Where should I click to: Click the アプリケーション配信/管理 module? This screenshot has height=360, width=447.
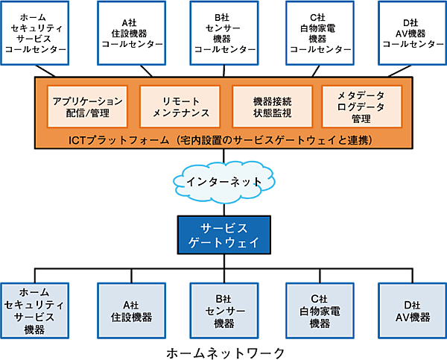pos(83,106)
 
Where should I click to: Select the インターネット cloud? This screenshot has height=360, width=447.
pos(224,180)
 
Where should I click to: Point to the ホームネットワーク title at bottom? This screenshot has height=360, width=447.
pos(224,353)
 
